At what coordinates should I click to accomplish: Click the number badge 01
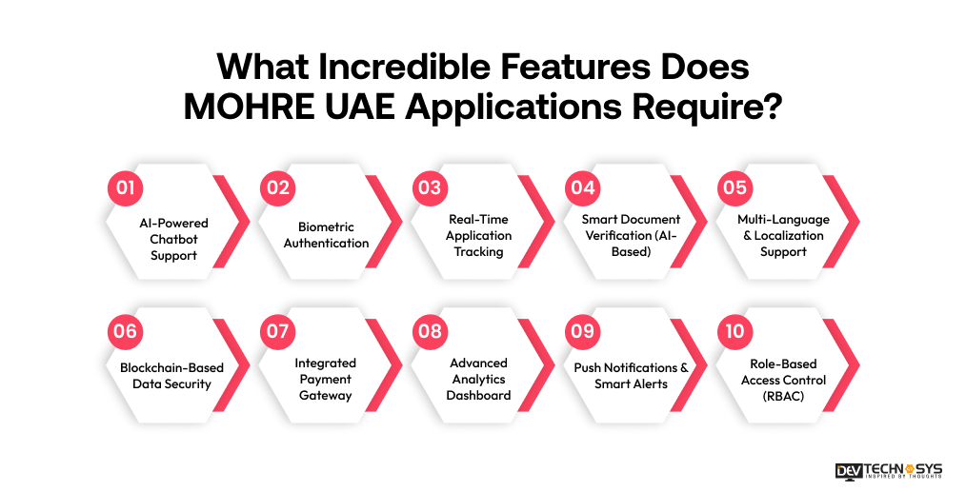[x=124, y=187]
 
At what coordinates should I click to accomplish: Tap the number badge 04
[x=582, y=187]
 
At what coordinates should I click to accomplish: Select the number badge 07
[x=277, y=331]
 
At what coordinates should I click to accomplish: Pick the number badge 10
[x=735, y=331]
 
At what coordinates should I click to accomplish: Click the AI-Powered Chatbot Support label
[x=172, y=239]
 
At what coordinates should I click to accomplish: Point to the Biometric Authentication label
[x=326, y=235]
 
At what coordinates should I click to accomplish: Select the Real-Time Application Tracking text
[x=479, y=235]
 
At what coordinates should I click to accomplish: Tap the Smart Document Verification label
[x=632, y=235]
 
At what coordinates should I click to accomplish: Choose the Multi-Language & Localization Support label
[x=783, y=235]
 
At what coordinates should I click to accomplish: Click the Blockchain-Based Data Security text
[x=172, y=375]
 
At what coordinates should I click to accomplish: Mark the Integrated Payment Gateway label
[x=326, y=379]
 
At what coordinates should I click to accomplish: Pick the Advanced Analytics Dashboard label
[x=479, y=379]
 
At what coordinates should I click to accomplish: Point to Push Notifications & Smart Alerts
[x=631, y=375]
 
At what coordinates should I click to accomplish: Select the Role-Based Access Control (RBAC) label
[x=783, y=380]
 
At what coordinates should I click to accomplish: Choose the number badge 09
[x=582, y=331]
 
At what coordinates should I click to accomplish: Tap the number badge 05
[x=735, y=187]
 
